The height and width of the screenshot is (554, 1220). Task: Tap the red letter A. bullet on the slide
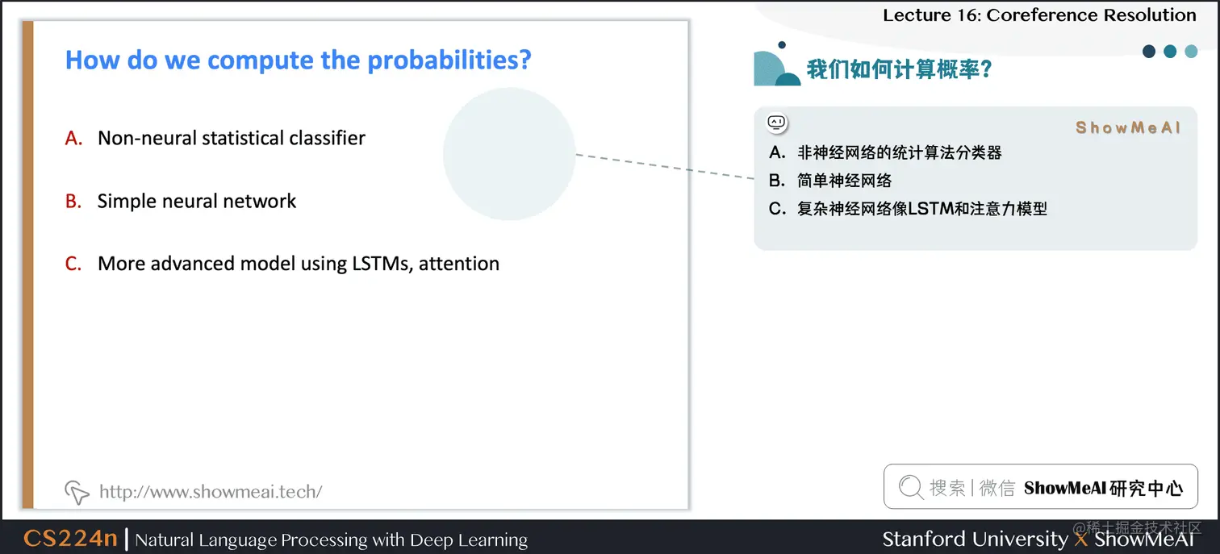(x=74, y=139)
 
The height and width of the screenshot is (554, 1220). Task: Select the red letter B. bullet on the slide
(x=74, y=202)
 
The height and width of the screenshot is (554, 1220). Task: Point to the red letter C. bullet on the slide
(x=74, y=265)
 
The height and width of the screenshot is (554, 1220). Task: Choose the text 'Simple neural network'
(x=197, y=202)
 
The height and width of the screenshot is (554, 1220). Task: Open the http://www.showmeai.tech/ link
(x=211, y=491)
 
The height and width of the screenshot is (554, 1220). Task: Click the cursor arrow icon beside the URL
(x=77, y=491)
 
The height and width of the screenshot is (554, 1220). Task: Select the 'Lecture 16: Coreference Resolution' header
(x=1039, y=15)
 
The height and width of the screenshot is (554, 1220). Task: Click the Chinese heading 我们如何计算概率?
(x=899, y=69)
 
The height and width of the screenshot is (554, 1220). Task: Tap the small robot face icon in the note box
(x=776, y=123)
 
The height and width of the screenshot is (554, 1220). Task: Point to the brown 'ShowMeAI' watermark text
(x=1128, y=127)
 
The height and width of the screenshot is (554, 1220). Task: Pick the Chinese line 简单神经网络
(x=844, y=181)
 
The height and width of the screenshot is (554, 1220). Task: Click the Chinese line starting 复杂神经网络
(x=921, y=209)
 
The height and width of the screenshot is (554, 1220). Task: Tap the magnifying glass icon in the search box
(x=910, y=487)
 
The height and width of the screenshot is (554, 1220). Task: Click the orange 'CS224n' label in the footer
(x=70, y=539)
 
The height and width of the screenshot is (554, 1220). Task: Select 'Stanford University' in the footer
(x=975, y=539)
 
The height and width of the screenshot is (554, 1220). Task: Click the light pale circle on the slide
(x=509, y=154)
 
